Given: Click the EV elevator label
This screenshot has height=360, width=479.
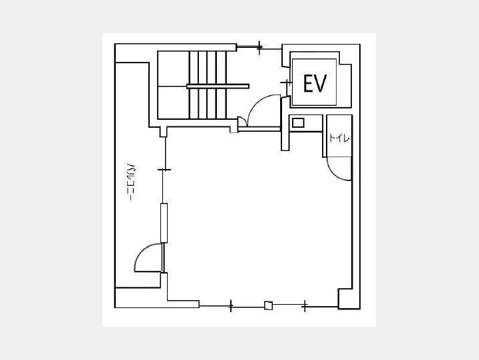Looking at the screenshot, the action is point(315,83).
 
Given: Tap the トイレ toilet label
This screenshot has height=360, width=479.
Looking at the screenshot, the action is point(339,138).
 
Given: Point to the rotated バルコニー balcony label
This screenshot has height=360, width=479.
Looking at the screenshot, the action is point(131,182).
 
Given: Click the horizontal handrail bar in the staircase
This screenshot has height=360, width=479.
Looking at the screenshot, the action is point(218,87).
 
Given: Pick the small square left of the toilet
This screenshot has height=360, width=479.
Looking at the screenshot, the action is point(298,123).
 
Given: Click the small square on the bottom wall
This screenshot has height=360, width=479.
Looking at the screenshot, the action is point(269,305).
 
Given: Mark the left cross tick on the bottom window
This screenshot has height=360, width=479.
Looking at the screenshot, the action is point(231,305).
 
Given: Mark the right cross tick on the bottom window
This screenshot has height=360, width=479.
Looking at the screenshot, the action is point(305,305).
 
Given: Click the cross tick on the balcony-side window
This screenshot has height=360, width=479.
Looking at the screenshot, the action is point(164,170).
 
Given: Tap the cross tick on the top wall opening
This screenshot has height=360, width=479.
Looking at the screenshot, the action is point(259,47).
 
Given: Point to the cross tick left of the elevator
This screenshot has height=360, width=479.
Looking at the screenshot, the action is point(287,83).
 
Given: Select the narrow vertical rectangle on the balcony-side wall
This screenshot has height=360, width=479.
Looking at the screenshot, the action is point(164,223).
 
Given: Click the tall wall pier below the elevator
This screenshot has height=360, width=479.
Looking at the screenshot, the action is point(285,124).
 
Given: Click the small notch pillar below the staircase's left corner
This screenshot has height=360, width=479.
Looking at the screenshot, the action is point(164,132).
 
